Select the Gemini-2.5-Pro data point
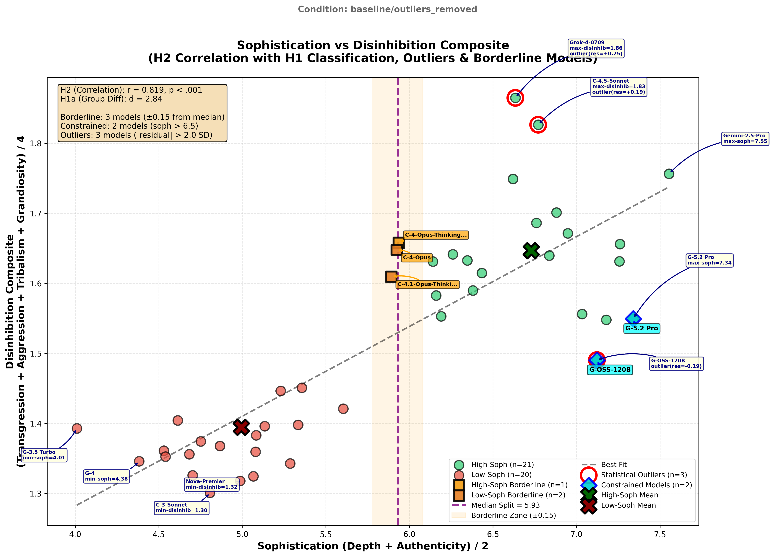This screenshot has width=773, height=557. click(669, 174)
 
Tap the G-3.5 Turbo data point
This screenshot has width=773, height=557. click(77, 428)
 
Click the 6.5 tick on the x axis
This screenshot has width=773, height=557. click(493, 534)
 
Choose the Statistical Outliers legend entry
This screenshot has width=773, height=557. click(644, 475)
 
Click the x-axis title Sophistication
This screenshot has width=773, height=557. click(373, 546)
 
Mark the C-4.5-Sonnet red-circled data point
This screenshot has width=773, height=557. click(538, 125)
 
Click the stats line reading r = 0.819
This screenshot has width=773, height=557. click(131, 90)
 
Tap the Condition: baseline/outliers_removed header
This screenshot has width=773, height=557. click(387, 9)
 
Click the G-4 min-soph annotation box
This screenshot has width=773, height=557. click(106, 476)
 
